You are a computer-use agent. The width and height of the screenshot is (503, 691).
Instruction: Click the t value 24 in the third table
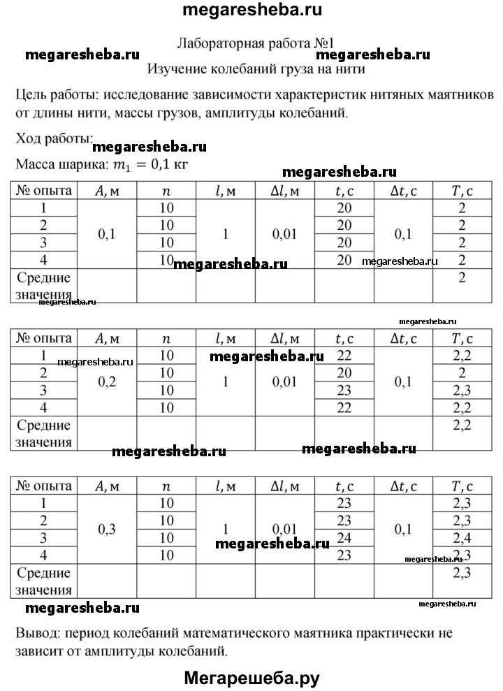pos(344,538)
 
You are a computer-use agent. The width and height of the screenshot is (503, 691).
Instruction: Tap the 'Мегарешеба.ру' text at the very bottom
pos(251,677)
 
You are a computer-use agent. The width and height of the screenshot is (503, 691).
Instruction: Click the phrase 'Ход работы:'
pos(54,139)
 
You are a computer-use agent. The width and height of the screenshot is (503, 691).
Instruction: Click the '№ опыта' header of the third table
pos(43,486)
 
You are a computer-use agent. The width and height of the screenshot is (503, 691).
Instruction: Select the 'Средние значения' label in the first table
pos(44,286)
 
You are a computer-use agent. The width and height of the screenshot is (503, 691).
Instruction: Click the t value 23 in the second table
pos(344,390)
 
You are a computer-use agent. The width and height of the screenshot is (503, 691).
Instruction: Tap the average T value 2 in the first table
pos(462,277)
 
